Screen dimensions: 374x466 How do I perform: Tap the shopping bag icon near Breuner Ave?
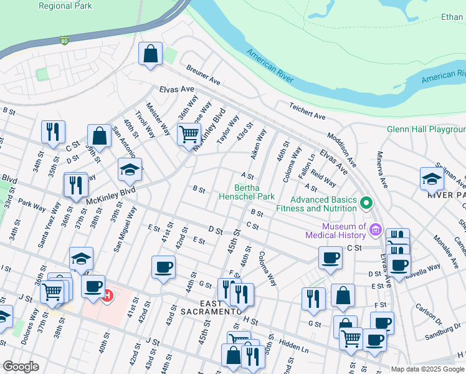(x=150, y=54)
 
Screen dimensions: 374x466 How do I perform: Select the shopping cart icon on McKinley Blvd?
(x=189, y=134)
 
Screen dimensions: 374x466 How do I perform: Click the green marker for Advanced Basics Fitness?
(x=367, y=203)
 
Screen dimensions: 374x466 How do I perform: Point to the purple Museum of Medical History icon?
(x=375, y=229)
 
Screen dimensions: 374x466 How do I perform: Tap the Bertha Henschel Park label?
(x=246, y=191)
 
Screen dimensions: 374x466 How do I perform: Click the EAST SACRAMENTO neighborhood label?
(x=211, y=311)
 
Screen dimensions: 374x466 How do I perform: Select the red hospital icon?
(x=107, y=294)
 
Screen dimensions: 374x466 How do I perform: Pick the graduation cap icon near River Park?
(x=432, y=179)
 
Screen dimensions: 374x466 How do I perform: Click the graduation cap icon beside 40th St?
(x=130, y=170)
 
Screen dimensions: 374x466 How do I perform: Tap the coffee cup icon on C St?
(x=330, y=257)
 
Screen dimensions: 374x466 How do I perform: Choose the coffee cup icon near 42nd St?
(x=163, y=267)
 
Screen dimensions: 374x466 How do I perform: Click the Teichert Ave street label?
(x=307, y=112)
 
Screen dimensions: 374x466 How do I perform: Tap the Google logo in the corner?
(x=21, y=366)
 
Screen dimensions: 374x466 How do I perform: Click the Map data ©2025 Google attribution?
(x=427, y=369)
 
